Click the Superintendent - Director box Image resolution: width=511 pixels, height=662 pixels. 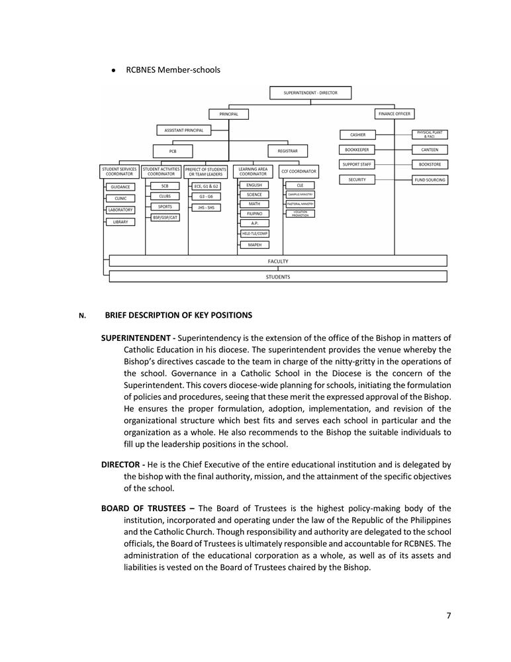click(x=310, y=93)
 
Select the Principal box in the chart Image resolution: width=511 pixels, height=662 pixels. click(x=228, y=114)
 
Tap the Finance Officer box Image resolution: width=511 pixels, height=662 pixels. click(x=395, y=114)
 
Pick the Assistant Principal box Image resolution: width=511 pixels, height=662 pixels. click(x=183, y=130)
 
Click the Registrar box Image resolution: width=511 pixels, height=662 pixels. click(x=287, y=151)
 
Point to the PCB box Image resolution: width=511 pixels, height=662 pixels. click(x=173, y=151)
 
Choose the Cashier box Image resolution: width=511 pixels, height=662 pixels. click(x=357, y=135)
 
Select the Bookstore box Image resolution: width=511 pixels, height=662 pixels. click(x=430, y=164)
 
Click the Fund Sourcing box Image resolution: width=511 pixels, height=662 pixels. click(x=430, y=179)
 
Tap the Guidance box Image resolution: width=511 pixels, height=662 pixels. click(x=120, y=187)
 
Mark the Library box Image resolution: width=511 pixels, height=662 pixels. click(x=120, y=222)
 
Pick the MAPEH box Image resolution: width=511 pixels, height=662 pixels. click(x=254, y=245)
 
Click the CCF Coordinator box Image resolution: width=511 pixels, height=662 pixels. click(x=299, y=171)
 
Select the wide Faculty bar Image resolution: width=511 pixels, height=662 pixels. click(x=278, y=261)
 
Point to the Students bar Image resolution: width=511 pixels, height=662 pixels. click(x=278, y=277)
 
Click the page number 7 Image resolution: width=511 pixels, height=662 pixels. click(x=448, y=616)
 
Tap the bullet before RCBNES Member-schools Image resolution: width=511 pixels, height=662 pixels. click(x=114, y=70)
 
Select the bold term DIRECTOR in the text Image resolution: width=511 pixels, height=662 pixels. click(x=120, y=465)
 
